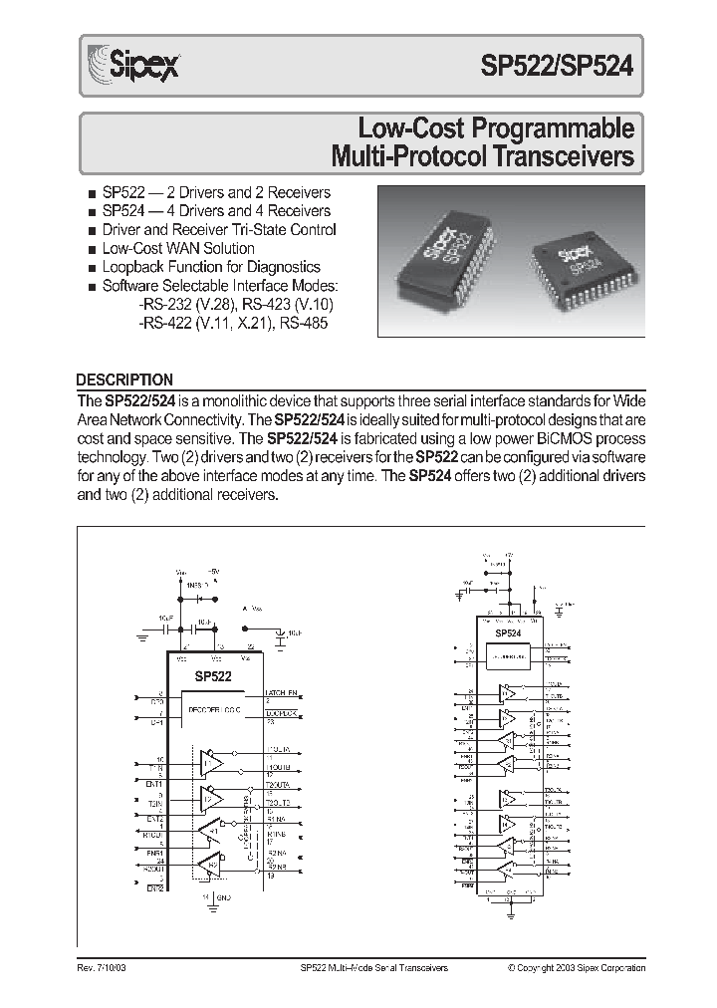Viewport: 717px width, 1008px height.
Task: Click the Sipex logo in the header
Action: click(122, 67)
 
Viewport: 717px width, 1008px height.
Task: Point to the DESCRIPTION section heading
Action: click(124, 379)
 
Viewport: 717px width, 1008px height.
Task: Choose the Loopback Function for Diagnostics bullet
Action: click(210, 267)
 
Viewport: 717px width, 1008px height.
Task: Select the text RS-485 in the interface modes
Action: click(304, 323)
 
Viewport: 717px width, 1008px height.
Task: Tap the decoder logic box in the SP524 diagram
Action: click(509, 656)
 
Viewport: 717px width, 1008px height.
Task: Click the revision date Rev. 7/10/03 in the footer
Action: click(103, 967)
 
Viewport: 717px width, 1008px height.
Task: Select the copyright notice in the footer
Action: click(576, 967)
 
